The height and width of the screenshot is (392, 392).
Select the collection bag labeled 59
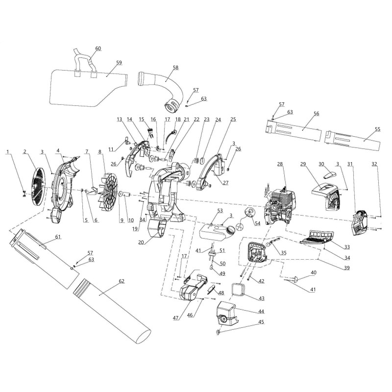coord(88,88)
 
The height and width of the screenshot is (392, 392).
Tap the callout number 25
coord(233,119)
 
